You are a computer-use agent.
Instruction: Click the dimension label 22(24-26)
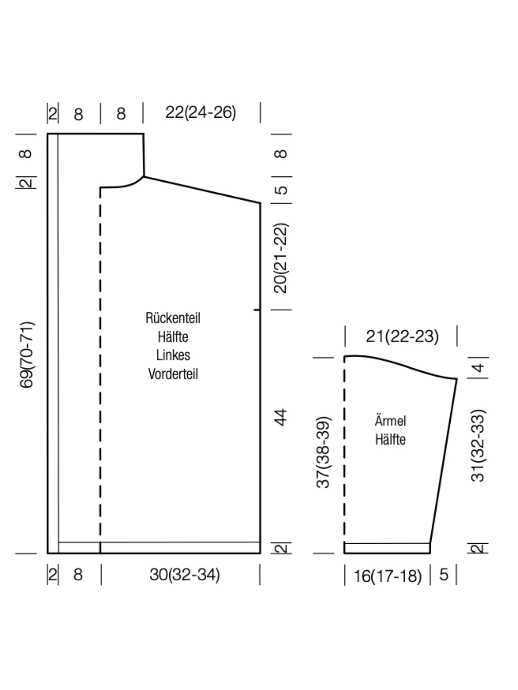tap(201, 113)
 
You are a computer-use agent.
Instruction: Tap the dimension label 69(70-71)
tap(26, 355)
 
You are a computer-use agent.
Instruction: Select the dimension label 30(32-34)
tap(185, 574)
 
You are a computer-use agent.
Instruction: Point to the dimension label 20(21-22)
tap(281, 258)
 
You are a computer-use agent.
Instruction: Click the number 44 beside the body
tap(281, 417)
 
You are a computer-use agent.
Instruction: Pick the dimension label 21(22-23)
tap(402, 336)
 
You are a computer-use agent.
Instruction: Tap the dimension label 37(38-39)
tap(323, 452)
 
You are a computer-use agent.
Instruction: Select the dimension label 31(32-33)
tap(478, 445)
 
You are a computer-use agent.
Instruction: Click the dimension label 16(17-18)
tap(388, 576)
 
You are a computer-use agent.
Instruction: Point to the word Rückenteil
tap(173, 318)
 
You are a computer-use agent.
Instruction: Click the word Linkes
tap(173, 355)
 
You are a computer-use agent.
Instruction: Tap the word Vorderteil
tap(173, 374)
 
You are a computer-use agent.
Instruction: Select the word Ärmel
tap(390, 420)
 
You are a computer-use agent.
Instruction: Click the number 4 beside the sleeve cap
tap(478, 367)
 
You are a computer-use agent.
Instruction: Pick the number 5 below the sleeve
tap(443, 575)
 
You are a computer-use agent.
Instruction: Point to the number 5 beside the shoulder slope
tap(282, 190)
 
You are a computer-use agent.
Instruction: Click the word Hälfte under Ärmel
tap(390, 439)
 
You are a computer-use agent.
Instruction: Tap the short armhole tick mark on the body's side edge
tap(257, 310)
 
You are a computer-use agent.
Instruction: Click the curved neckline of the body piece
tap(122, 184)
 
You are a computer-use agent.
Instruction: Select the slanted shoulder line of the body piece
tap(202, 190)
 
